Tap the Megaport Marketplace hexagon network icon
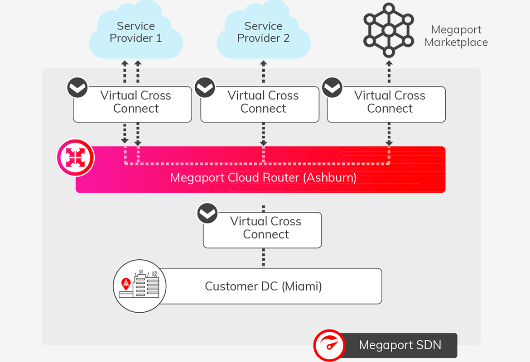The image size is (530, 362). pos(389,30)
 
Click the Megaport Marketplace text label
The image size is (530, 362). pos(456,36)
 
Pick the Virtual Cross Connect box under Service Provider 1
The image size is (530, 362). pos(132,105)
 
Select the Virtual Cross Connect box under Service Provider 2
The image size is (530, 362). pos(260,105)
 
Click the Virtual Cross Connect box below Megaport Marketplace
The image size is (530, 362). pos(386,105)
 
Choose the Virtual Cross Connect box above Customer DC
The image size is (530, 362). pos(262,230)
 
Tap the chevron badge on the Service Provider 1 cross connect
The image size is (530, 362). pos(77,87)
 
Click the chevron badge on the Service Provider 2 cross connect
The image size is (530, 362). pos(205,87)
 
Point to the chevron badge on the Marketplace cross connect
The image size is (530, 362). pos(332,87)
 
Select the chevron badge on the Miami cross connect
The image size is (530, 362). pos(207,213)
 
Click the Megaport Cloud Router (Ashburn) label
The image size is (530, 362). pos(263,178)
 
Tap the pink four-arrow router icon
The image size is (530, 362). pos(75,157)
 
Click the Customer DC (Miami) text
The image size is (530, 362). pos(263,286)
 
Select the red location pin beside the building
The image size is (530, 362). pos(126,284)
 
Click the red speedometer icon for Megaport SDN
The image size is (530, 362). pos(329,345)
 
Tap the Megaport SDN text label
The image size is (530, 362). pos(400,345)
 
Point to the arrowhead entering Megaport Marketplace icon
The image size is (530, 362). pos(389,63)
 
